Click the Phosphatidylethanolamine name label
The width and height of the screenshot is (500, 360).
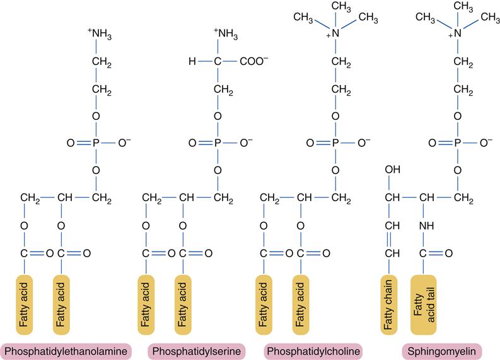pyautogui.click(x=67, y=351)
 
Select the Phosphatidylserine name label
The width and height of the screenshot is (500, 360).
pyautogui.click(x=195, y=351)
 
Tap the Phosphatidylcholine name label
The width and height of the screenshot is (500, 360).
pyautogui.click(x=313, y=351)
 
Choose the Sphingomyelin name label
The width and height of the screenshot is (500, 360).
pyautogui.click(x=441, y=351)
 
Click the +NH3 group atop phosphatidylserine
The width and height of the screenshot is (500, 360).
pyautogui.click(x=225, y=32)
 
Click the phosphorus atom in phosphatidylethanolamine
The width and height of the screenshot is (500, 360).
pyautogui.click(x=96, y=143)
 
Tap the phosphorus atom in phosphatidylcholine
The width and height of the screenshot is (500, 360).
pyautogui.click(x=336, y=143)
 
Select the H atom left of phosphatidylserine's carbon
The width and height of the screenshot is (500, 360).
pyautogui.click(x=192, y=62)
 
